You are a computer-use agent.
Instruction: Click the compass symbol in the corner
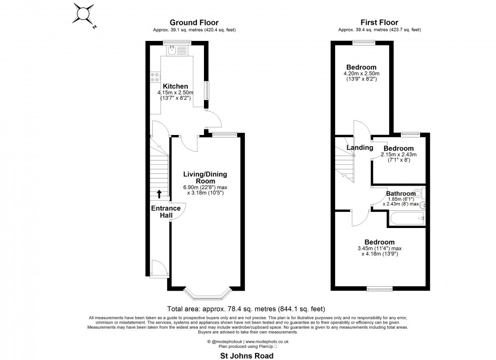(x=82, y=14)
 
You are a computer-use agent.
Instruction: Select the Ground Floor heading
(x=194, y=22)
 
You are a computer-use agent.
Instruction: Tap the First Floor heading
(x=379, y=22)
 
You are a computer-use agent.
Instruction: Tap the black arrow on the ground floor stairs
(x=159, y=193)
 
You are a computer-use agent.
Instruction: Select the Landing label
(x=356, y=148)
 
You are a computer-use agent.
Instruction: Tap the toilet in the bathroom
(x=418, y=193)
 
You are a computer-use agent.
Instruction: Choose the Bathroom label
(x=401, y=194)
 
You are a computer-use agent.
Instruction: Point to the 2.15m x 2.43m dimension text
(x=399, y=155)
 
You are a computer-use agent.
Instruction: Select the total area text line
(x=246, y=308)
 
